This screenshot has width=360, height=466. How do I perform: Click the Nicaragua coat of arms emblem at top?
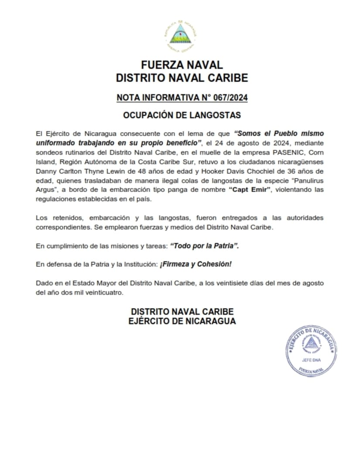(180, 34)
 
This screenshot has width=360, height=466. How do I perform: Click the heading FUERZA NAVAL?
(182, 65)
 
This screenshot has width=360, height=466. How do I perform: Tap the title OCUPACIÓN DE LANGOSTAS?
(182, 116)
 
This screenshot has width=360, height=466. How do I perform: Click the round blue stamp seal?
(311, 351)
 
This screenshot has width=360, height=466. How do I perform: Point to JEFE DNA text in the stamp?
(311, 360)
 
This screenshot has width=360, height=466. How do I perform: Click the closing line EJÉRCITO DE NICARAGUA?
(182, 321)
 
